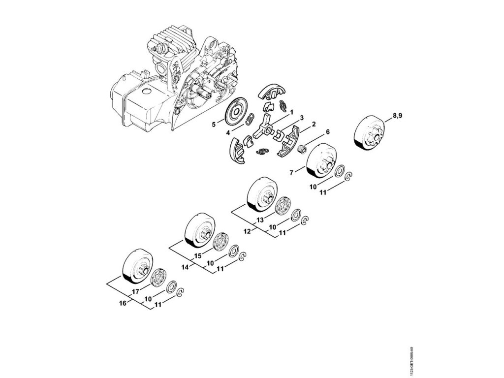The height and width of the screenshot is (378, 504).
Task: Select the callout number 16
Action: point(123,303)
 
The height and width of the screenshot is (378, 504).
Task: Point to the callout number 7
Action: point(291,172)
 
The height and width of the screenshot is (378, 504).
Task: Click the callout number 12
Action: point(248,231)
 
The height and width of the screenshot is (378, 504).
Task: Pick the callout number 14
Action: point(185,267)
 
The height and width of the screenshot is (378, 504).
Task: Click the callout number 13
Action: point(260,219)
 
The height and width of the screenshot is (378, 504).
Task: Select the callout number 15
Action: point(198,255)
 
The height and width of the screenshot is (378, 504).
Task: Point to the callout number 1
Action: point(291,112)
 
